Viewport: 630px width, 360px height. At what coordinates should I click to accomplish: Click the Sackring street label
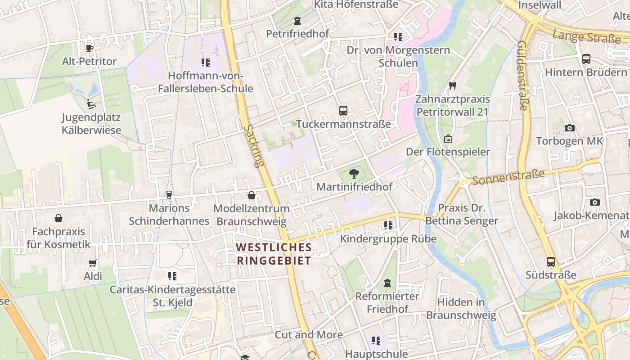pos(253,146)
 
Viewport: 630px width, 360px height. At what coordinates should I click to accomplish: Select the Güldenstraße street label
pos(522,75)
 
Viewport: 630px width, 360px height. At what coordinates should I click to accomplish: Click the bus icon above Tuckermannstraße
pos(343,110)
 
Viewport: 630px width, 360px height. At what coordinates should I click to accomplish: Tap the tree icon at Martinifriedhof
pos(354,173)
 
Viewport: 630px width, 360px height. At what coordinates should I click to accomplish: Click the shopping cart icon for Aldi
pos(93,263)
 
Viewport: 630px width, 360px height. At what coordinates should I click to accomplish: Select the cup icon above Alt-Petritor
pos(90,48)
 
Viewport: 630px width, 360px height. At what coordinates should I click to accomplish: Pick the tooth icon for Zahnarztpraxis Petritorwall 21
pos(453,85)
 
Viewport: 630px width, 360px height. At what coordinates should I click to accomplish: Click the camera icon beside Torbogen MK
pos(569,128)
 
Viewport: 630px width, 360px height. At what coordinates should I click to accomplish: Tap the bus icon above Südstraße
pos(551,262)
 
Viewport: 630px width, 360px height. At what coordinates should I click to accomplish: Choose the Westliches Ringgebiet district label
pos(274,254)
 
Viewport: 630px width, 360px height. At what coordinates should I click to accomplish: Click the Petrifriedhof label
pos(297,34)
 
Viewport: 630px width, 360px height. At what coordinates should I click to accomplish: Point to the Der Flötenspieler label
pos(448,152)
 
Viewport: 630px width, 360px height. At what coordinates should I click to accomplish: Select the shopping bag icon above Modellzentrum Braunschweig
pos(252,195)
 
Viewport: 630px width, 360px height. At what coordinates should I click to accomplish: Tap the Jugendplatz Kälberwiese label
pos(91,124)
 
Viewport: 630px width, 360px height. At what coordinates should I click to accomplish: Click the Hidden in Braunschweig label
pos(461,308)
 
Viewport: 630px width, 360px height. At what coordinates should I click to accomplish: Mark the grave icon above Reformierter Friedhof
pos(387,283)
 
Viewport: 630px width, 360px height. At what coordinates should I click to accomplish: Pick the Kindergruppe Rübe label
pos(388,238)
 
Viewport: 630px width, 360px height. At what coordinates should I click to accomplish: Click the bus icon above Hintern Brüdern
pos(586,59)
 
